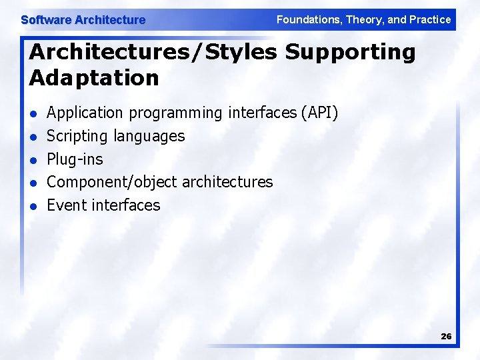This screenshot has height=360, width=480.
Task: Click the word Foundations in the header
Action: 307,20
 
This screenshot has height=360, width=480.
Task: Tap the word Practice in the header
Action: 430,20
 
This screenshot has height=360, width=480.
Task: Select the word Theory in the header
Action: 364,20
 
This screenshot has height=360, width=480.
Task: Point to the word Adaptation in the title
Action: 94,78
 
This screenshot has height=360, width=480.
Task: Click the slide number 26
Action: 446,337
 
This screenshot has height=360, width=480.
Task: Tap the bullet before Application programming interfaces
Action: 33,114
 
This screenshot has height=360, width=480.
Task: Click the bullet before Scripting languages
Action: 33,137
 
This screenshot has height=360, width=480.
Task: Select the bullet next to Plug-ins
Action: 33,160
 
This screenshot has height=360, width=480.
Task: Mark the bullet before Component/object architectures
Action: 33,183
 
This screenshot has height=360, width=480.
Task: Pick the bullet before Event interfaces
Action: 33,206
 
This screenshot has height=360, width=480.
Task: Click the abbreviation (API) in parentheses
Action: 319,113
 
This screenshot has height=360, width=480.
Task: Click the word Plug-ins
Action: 75,159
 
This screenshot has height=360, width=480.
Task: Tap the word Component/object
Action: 112,182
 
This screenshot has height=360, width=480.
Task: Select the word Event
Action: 66,205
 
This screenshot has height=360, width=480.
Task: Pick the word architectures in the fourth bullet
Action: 227,182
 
